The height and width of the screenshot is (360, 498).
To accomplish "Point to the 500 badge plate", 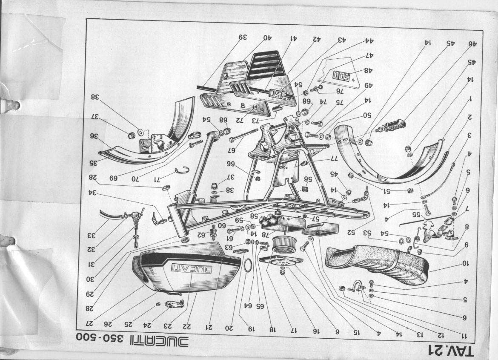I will (x=341, y=77).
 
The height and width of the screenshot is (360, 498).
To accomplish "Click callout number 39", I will (x=243, y=38).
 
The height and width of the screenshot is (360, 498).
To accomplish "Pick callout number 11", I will (x=465, y=334).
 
